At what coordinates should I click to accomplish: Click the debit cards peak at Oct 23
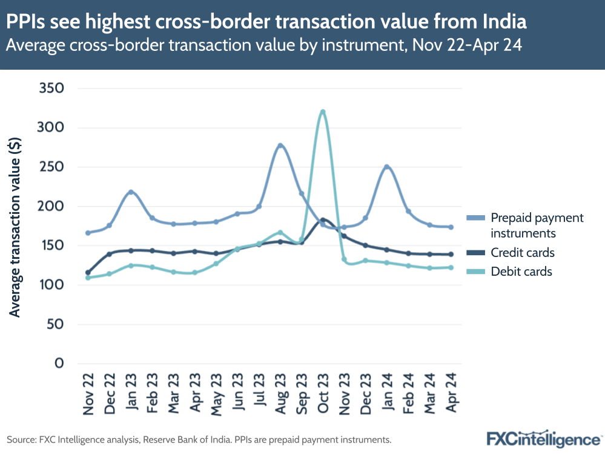tap(323, 112)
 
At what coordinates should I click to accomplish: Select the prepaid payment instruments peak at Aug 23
tap(280, 145)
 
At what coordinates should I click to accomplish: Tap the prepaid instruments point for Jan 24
tap(386, 167)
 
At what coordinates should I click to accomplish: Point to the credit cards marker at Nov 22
tap(88, 273)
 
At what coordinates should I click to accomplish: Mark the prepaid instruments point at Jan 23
tap(131, 192)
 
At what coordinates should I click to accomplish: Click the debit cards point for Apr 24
tap(451, 267)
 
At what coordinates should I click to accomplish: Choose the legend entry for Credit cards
tap(522, 253)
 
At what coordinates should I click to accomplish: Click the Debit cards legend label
tap(521, 272)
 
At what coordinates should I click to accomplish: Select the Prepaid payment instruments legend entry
tap(537, 225)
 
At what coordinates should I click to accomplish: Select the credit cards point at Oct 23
tap(323, 220)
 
